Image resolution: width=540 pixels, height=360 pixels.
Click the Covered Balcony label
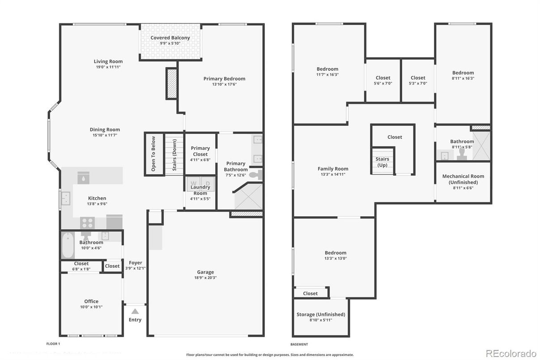tap(170, 38)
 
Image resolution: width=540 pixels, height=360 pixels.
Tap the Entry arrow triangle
tap(135, 311)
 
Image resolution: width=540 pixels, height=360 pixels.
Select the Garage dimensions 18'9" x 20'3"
tap(205, 278)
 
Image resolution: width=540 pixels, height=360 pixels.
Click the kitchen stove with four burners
tap(87, 223)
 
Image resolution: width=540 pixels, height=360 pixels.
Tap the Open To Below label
tap(153, 154)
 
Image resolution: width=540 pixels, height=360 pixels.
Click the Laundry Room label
tap(200, 190)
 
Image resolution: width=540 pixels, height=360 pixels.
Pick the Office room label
tap(91, 301)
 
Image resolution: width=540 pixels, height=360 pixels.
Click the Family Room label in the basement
tap(333, 169)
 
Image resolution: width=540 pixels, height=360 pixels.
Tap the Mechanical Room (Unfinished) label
tap(463, 179)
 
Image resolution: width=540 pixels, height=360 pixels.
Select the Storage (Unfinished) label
tap(321, 314)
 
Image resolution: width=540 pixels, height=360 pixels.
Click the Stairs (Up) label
tap(382, 162)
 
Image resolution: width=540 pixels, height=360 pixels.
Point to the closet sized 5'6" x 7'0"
tap(383, 80)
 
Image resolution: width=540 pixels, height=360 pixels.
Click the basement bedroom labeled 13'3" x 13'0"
tap(336, 255)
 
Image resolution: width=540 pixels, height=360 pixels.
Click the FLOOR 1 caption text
tap(53, 344)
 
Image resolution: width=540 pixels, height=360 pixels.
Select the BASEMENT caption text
tap(299, 344)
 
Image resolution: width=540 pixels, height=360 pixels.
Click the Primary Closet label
tap(200, 151)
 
